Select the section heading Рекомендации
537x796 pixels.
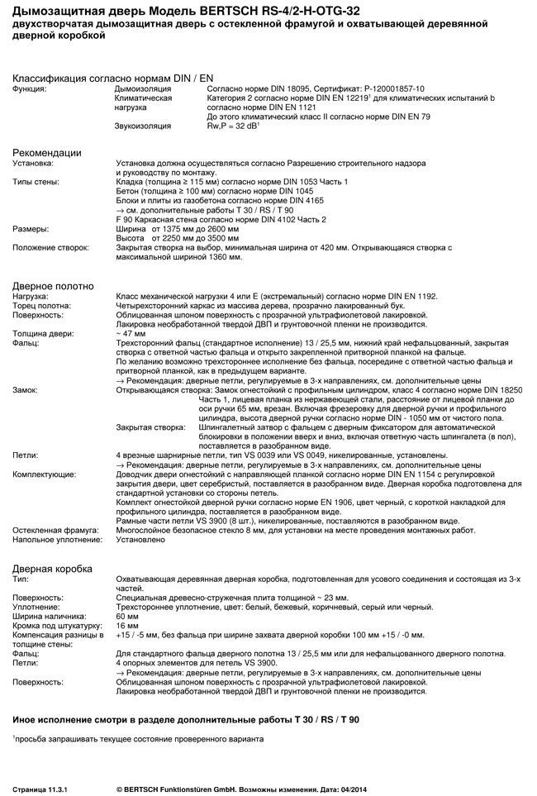pos(46,153)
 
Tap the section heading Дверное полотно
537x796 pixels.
pos(53,286)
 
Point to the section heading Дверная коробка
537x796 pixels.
pos(52,569)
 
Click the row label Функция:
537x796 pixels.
pos(30,88)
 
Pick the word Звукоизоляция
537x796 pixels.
pos(143,126)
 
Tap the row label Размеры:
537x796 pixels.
pos(30,228)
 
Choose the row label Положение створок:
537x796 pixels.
pos(51,247)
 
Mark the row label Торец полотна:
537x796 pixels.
pos(40,305)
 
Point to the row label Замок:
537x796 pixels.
pos(26,388)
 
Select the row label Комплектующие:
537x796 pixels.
pos(44,474)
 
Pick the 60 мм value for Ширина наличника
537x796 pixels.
pos(127,616)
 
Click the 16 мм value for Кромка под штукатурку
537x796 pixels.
pos(127,625)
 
